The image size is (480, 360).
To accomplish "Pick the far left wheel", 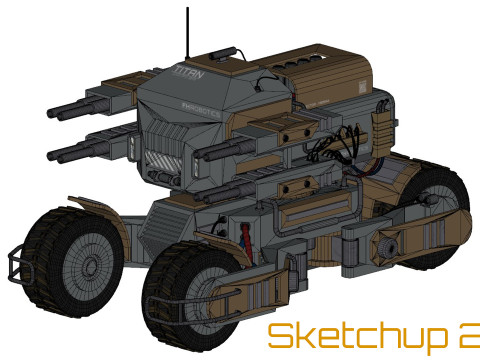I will click(x=70, y=256).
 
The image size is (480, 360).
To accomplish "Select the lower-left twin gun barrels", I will click(x=85, y=149).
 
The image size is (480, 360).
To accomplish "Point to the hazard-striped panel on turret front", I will click(x=161, y=158).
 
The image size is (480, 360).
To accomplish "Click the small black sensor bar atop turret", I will click(x=222, y=50).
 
